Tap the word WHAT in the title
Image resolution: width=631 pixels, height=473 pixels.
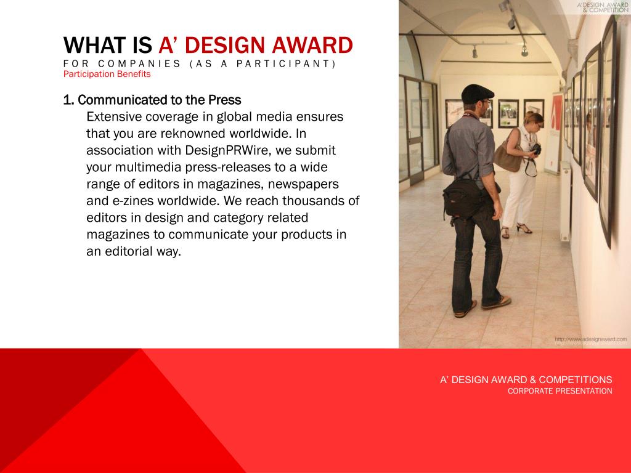(95, 45)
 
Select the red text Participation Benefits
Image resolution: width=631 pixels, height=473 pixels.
(107, 74)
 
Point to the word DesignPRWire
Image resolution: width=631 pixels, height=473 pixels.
(227, 151)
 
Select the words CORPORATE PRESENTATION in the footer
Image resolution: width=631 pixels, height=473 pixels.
(560, 391)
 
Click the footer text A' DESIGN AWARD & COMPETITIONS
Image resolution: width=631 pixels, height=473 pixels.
(526, 379)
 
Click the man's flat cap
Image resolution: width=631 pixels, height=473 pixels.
(477, 93)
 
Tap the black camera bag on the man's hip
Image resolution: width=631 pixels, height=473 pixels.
(463, 200)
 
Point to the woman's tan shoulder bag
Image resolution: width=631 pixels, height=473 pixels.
(508, 158)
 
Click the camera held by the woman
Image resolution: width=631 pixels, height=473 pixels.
(536, 149)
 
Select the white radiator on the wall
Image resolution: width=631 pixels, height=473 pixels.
(566, 201)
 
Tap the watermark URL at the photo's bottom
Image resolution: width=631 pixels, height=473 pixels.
(591, 339)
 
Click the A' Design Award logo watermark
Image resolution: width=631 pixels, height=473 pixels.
(603, 7)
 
